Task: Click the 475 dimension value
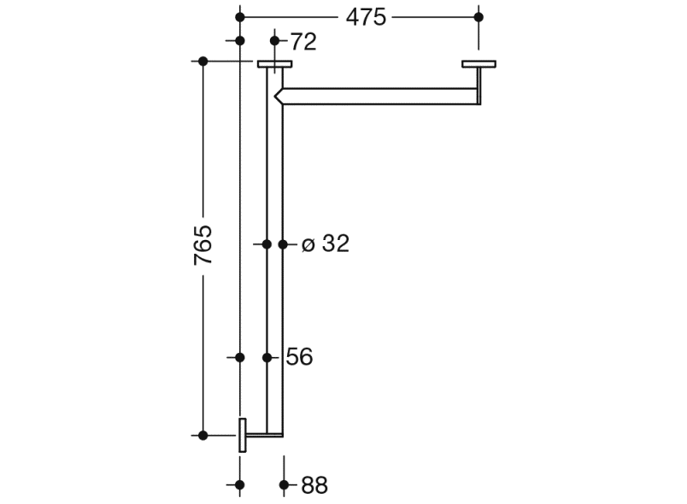point(366,18)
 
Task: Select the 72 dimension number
point(303,42)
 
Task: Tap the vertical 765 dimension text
point(203,245)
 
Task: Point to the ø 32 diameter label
point(326,243)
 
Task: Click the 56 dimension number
point(299,357)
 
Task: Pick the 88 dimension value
point(314,485)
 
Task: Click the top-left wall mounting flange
point(274,64)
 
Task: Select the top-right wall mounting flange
point(479,64)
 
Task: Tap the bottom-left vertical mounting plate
point(243,436)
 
